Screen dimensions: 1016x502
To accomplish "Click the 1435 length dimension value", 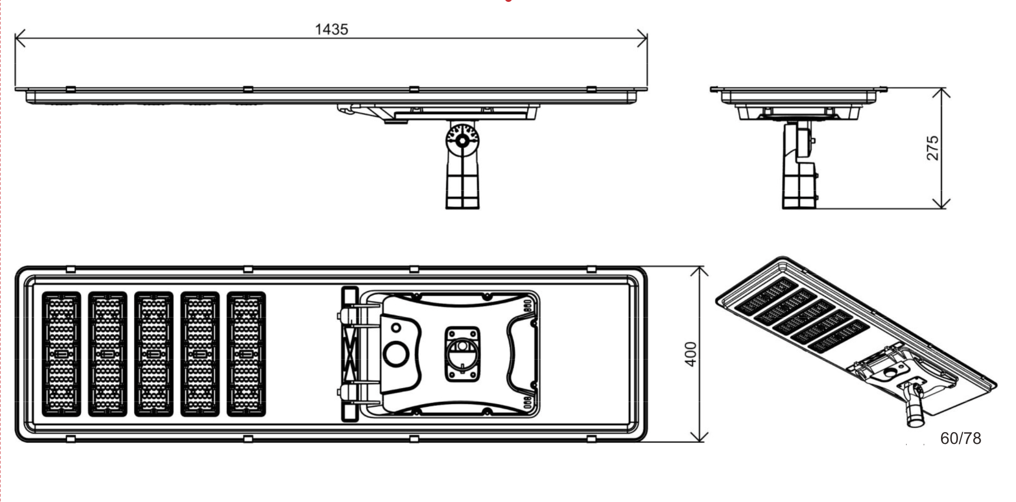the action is click(331, 29).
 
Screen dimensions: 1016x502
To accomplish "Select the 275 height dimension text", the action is click(933, 148).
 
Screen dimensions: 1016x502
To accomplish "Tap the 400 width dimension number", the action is click(690, 354).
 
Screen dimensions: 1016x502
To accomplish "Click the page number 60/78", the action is click(960, 438).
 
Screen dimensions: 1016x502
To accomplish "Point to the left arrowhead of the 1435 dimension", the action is click(20, 38).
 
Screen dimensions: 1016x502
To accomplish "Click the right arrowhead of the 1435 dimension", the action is click(642, 38).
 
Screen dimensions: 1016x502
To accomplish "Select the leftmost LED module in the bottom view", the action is click(61, 354).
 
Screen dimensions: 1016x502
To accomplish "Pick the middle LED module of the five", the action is click(154, 354).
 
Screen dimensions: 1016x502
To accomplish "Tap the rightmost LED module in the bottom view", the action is click(246, 354).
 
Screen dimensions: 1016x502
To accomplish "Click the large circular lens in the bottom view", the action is click(396, 353).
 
